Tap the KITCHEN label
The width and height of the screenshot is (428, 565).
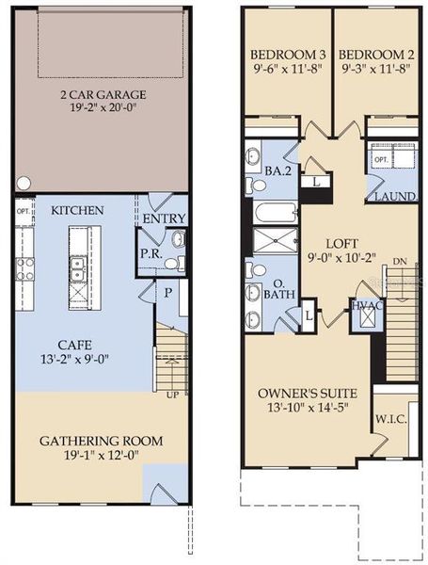tap(77, 209)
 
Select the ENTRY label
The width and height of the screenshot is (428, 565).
tap(164, 219)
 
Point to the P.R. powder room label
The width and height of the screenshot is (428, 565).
tap(148, 253)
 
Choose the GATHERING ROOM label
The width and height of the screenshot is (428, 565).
tap(101, 440)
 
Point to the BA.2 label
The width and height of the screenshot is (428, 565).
tap(276, 172)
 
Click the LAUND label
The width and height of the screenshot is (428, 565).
tap(389, 196)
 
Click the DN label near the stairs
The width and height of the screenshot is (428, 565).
tap(400, 261)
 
